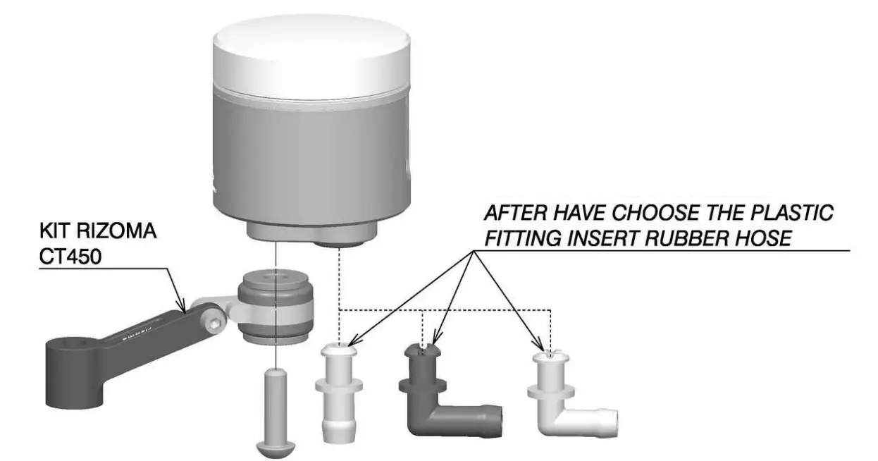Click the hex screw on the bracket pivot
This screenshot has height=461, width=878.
tap(214, 322)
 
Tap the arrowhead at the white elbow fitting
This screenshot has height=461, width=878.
tap(543, 349)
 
